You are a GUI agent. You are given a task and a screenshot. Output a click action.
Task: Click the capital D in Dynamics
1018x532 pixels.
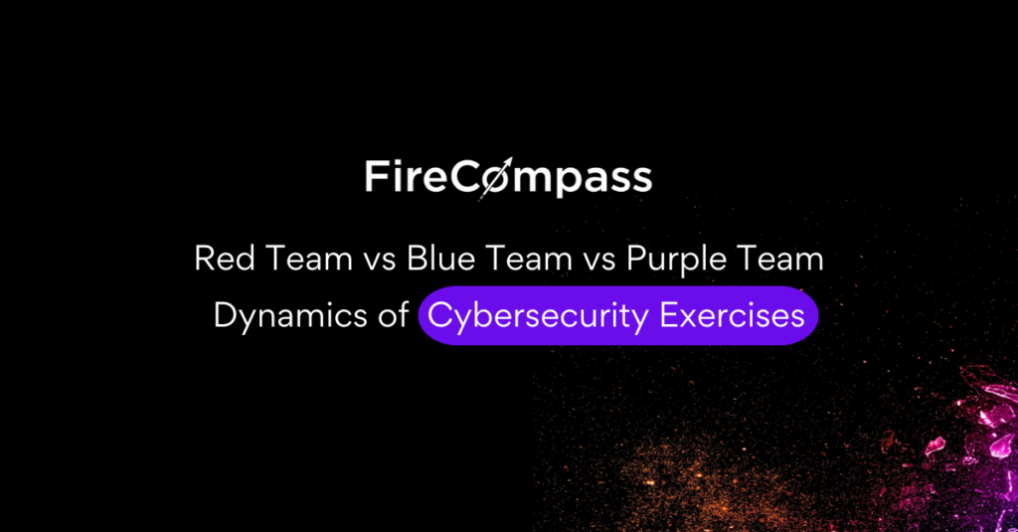tap(225, 315)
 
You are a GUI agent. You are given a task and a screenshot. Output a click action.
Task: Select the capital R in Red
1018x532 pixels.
tap(204, 260)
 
